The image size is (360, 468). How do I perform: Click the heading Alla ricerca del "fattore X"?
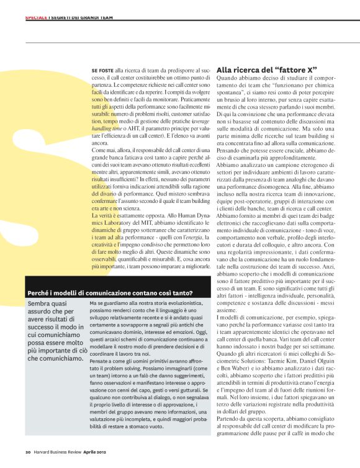pyautogui.click(x=266, y=70)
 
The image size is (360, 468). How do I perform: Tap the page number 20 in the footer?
pyautogui.click(x=28, y=451)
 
